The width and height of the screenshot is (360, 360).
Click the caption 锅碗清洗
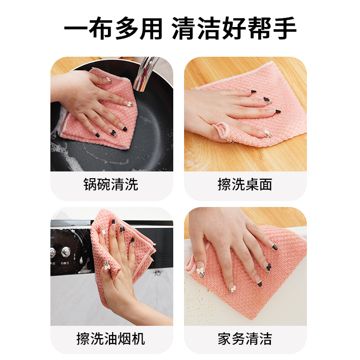111,184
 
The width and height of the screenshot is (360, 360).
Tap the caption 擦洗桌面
245,184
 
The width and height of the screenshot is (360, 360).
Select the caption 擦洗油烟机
111,339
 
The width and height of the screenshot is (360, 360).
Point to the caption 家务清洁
245,339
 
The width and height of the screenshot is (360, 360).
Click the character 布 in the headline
101,28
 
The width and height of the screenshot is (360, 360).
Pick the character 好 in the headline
234,28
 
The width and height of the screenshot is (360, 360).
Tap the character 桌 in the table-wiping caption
252,184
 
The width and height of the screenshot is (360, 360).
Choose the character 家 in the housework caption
225,339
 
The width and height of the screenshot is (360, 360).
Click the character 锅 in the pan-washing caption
90,184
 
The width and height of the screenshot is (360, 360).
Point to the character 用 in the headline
151,28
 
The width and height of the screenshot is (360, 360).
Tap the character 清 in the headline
184,28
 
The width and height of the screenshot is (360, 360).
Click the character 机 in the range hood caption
138,339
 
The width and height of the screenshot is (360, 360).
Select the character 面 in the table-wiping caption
265,184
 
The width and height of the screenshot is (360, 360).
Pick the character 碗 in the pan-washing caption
104,184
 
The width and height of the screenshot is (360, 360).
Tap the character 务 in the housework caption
238,339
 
